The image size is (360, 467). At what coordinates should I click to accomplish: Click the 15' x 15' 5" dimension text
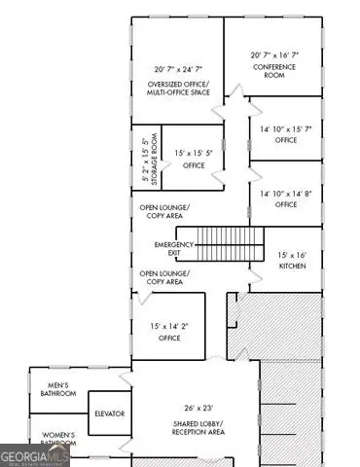(x=193, y=153)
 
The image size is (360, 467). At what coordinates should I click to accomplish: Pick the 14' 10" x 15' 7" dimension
(x=285, y=128)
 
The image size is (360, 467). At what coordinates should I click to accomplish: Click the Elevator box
(x=109, y=413)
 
